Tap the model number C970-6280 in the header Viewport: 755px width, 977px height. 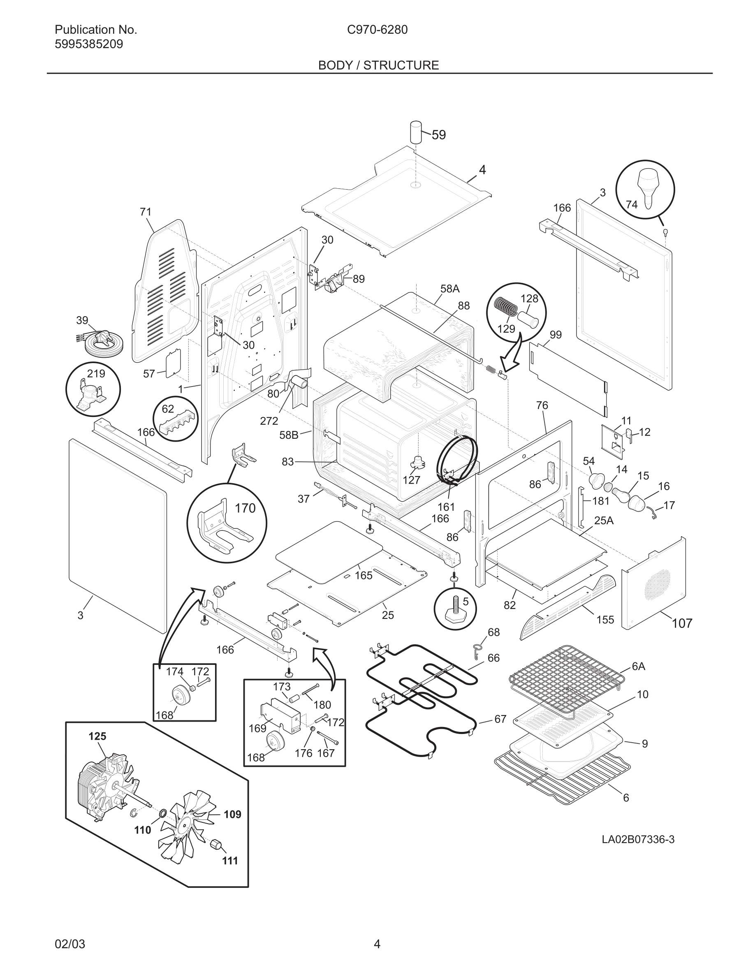point(377,30)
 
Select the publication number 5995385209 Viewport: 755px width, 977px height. point(88,44)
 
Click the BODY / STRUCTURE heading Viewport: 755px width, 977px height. point(378,65)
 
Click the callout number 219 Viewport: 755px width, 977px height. point(96,373)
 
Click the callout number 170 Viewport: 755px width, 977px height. point(245,508)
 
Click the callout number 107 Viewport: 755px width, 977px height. point(682,623)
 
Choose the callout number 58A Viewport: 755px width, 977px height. point(449,289)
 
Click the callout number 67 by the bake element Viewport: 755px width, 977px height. point(500,719)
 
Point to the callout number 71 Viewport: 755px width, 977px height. point(145,212)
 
